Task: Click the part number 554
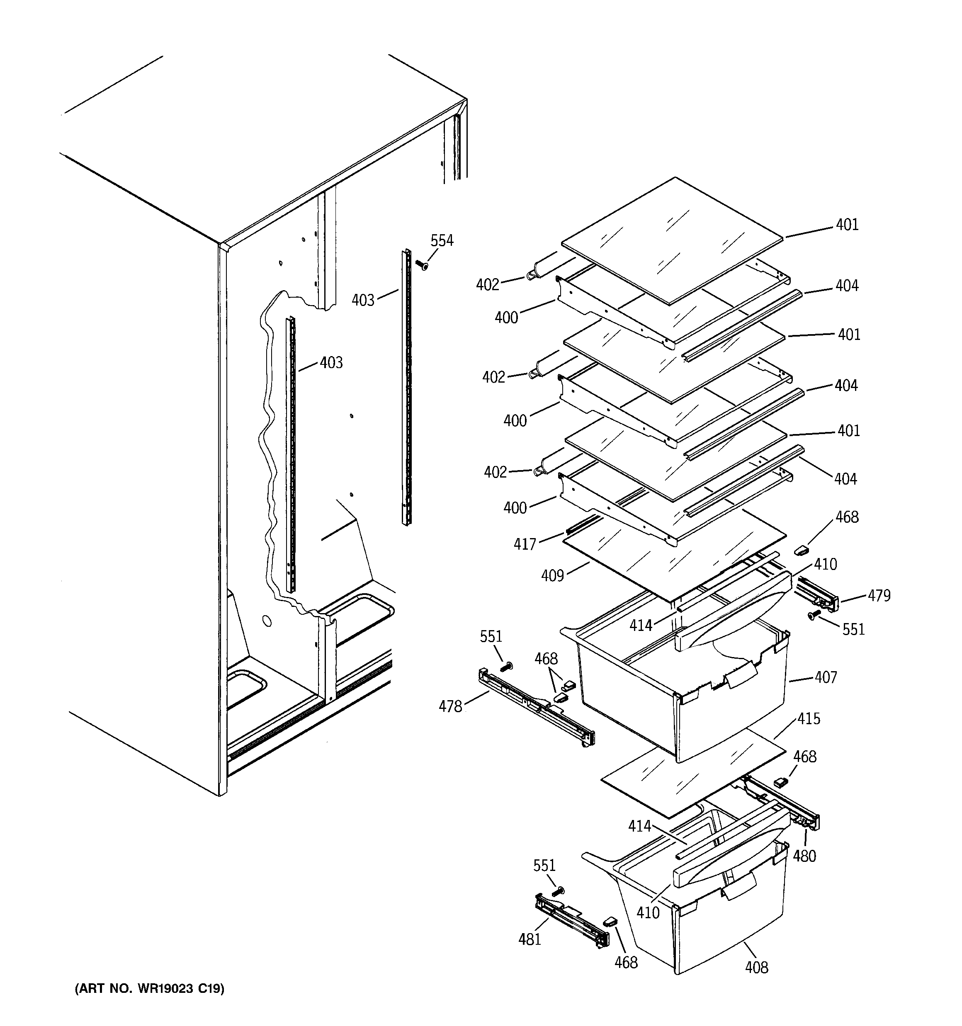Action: (x=442, y=240)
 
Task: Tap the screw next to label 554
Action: (x=422, y=265)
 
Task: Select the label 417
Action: (x=525, y=544)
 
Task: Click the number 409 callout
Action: (x=552, y=575)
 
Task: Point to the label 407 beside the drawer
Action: (x=825, y=677)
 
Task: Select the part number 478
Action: (x=450, y=706)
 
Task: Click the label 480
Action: (x=804, y=856)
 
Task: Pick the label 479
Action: (x=879, y=596)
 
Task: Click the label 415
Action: (x=808, y=718)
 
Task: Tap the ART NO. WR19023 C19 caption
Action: (x=150, y=989)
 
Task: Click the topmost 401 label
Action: (x=848, y=225)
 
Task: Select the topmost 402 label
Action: (x=488, y=284)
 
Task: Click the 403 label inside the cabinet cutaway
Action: (x=331, y=363)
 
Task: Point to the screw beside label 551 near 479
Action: (x=814, y=614)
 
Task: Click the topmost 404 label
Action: (x=847, y=285)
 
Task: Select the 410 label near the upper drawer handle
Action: (x=825, y=564)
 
